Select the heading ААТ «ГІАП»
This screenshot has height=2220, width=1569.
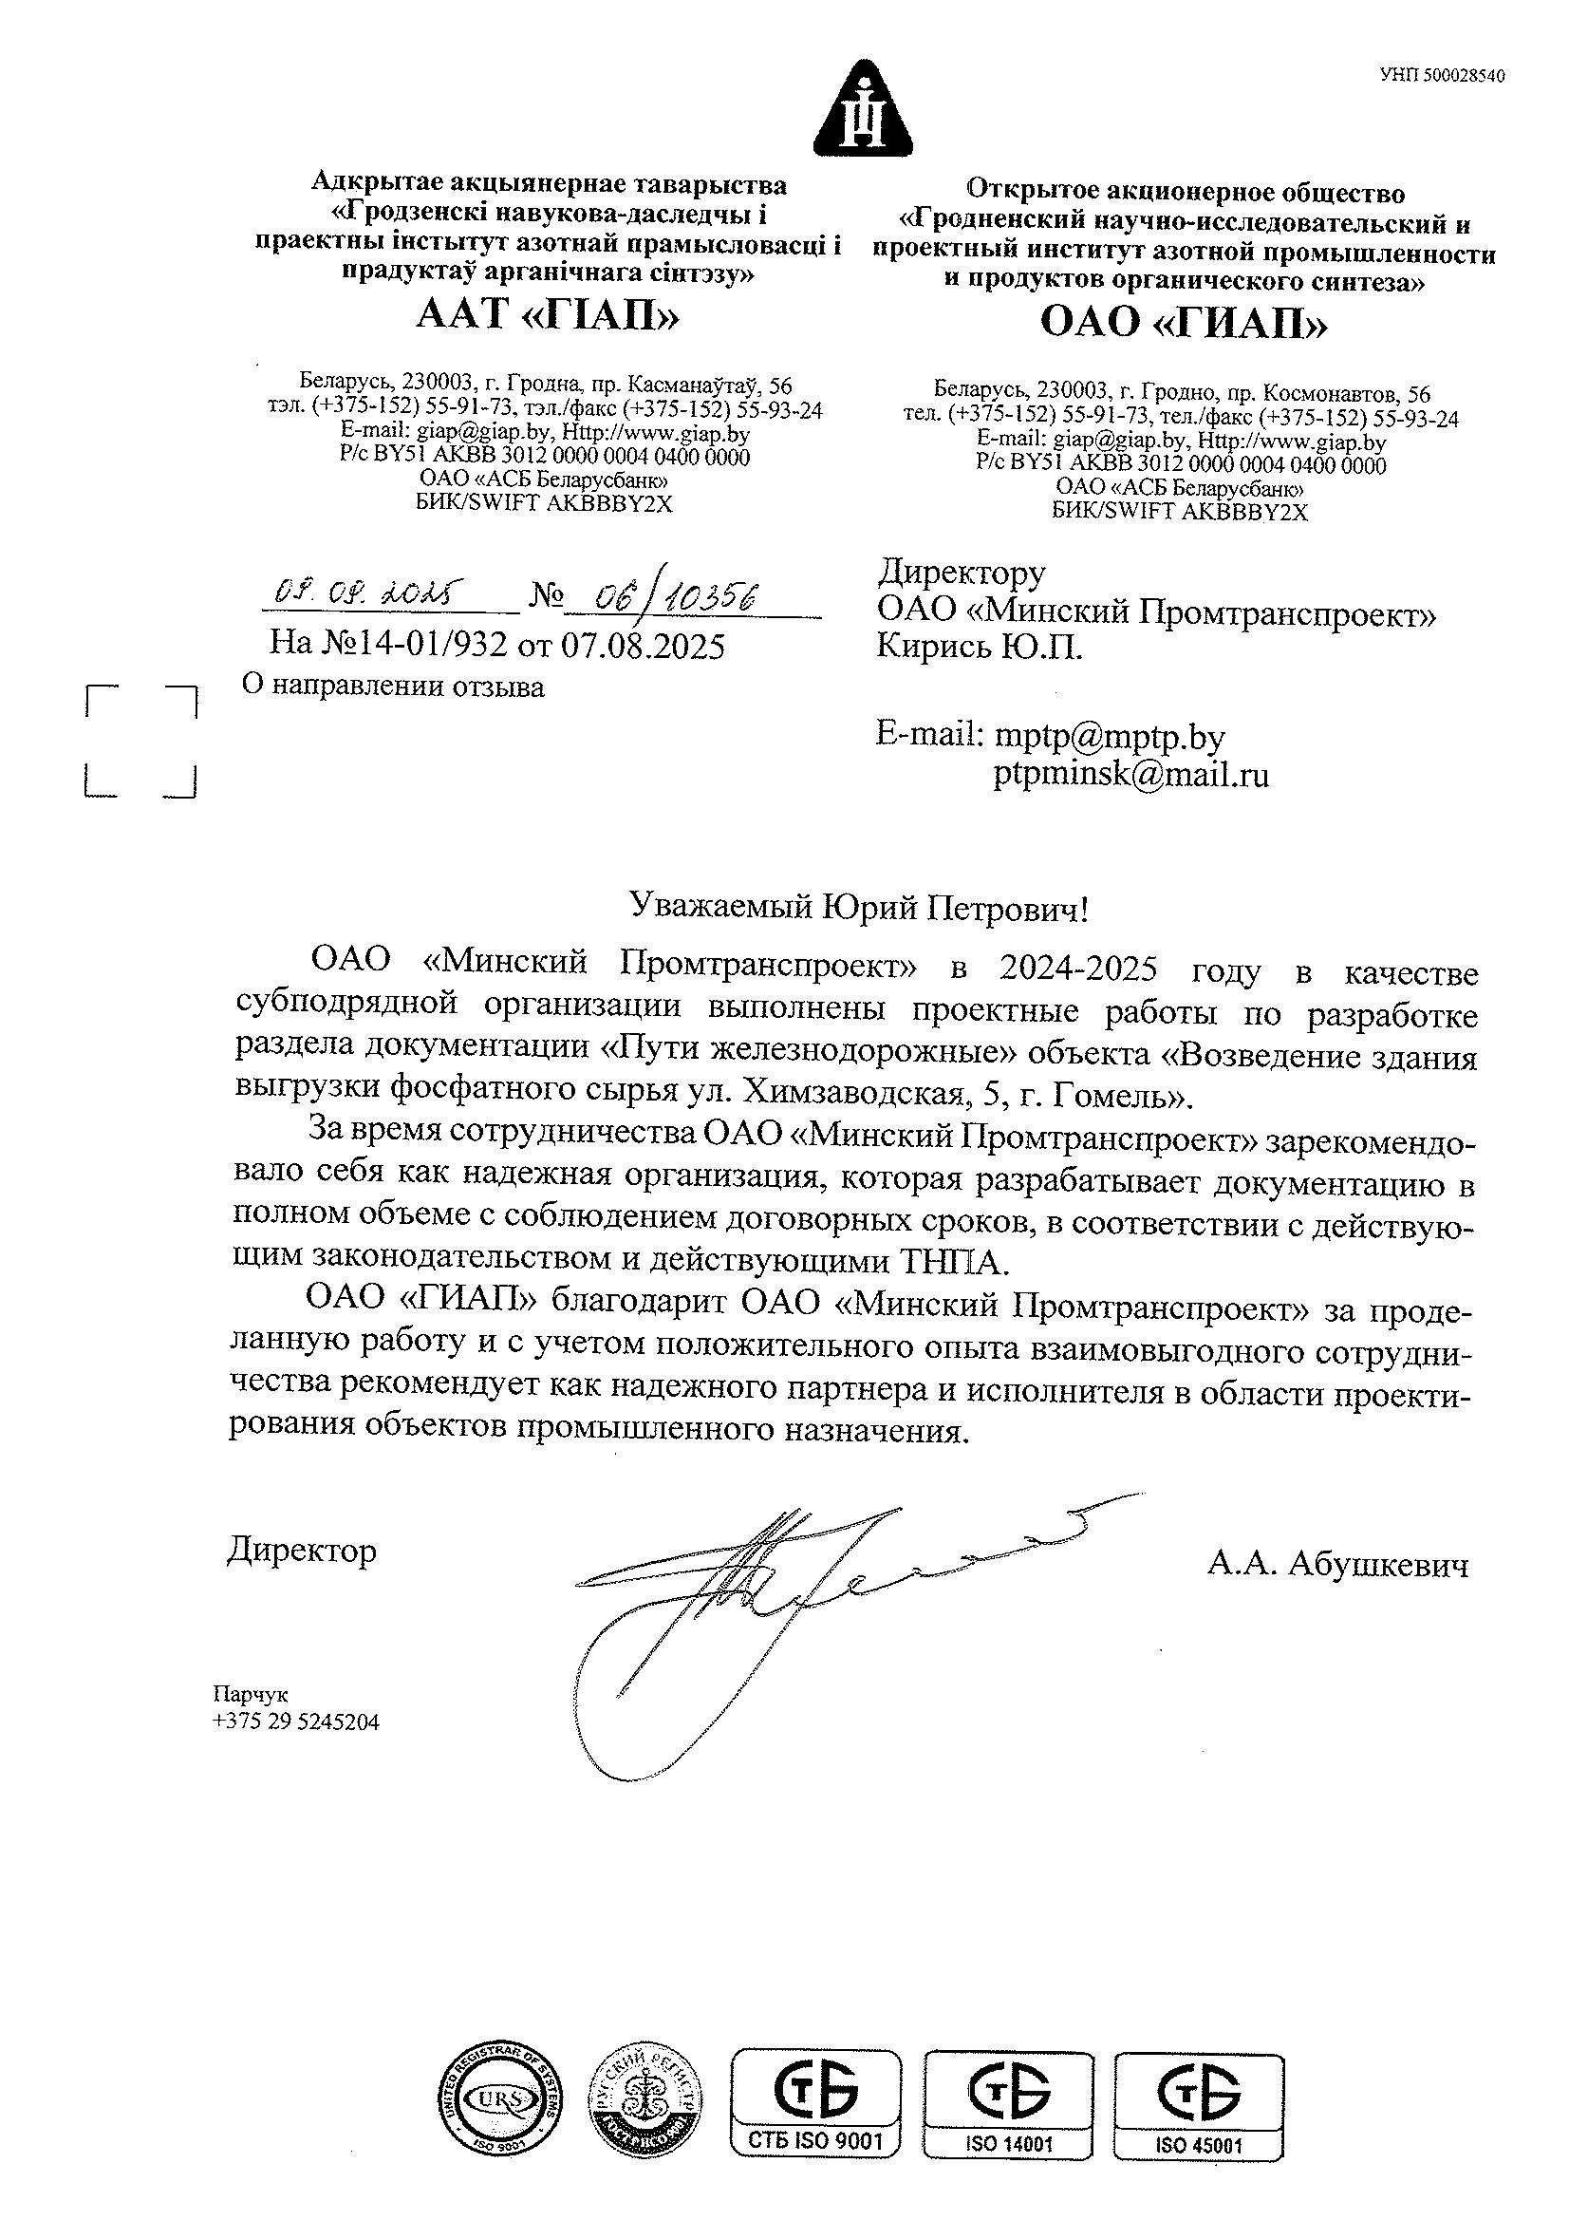[x=547, y=314]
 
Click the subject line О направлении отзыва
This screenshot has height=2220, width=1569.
[x=393, y=687]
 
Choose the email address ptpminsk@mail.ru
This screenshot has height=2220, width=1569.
[x=1130, y=775]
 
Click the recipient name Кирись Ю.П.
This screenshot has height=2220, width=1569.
[x=980, y=647]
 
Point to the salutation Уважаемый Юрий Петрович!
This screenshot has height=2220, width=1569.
[x=858, y=907]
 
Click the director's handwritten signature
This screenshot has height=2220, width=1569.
[x=774, y=1595]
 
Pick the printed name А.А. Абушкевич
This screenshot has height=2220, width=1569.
[x=1337, y=1564]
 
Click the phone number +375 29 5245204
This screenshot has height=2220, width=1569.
[x=296, y=1722]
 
